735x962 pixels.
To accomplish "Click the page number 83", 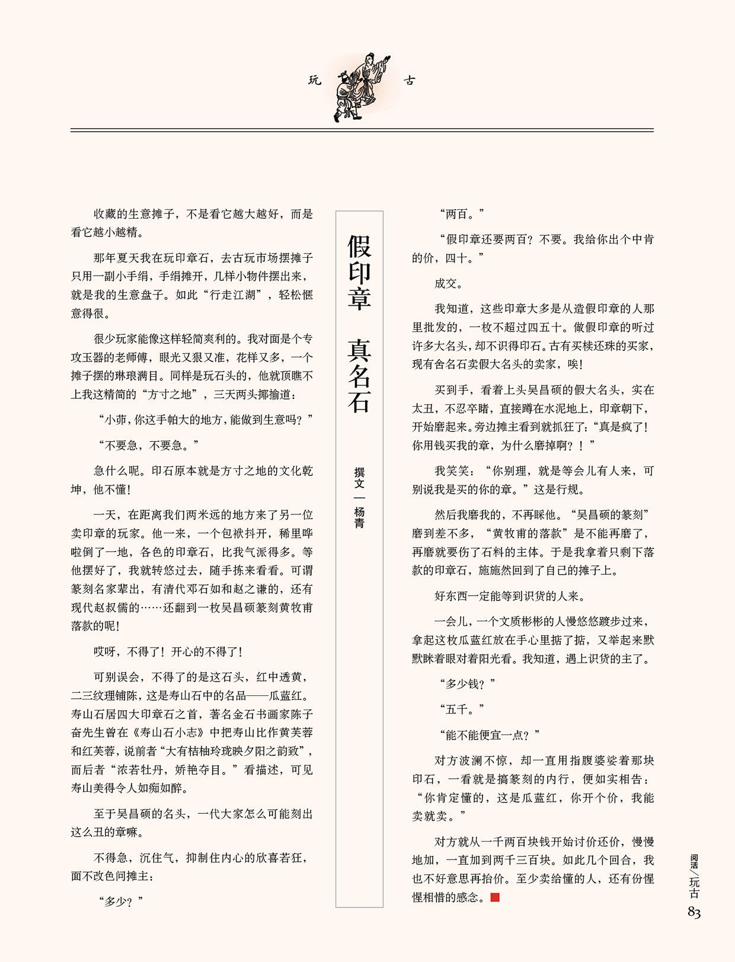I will pos(694,912).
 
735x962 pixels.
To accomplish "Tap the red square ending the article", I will pos(495,897).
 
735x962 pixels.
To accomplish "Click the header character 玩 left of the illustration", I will pos(314,80).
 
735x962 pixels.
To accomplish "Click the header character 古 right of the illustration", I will pos(410,80).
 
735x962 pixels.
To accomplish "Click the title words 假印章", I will pos(360,272).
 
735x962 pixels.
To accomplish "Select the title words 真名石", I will pos(360,375).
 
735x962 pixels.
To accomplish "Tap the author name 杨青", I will pos(359,517).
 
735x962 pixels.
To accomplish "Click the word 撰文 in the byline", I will pos(359,478).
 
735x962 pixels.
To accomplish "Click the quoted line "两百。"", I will pos(462,214).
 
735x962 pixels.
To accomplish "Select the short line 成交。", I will pos(449,283).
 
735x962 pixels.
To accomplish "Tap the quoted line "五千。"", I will pos(462,709).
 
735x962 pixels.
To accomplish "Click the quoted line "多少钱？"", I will pos(468,684).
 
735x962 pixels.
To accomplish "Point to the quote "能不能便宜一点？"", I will pos(490,735).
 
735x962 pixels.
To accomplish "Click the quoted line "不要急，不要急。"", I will pos(149,445).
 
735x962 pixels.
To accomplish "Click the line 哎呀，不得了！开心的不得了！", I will pos(168,651).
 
